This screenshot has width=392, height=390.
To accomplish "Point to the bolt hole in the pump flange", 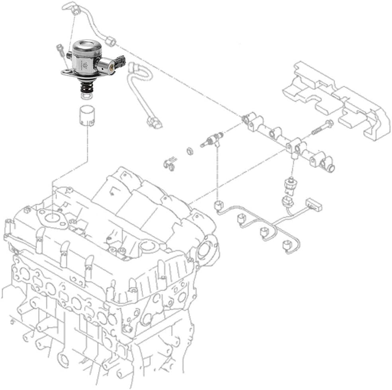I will tap(67, 72).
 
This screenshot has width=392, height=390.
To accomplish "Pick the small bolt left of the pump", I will tap(60, 50).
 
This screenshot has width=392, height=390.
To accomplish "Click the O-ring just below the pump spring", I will tap(86, 96).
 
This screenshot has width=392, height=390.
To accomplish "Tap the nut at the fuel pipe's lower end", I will tap(111, 40).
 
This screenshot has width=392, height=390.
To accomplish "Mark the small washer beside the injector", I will tap(190, 151).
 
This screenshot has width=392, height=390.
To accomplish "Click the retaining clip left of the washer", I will tap(169, 164).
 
